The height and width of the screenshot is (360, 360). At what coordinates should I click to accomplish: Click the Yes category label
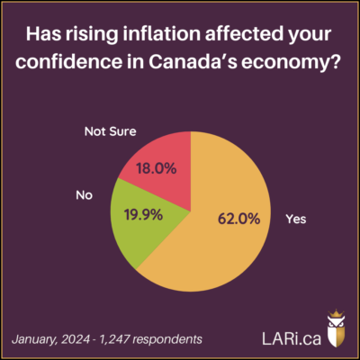(x=296, y=218)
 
